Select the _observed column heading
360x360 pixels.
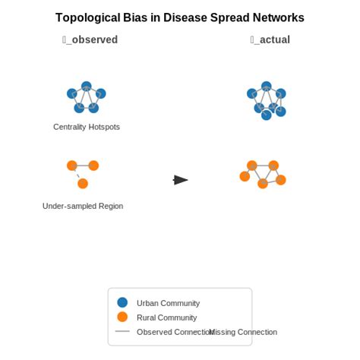pyautogui.click(x=90, y=39)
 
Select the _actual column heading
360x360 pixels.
pyautogui.click(x=270, y=39)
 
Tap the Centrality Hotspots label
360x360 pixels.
pyautogui.click(x=87, y=127)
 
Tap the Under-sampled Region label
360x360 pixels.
pyautogui.click(x=83, y=206)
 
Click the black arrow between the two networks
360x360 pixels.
pyautogui.click(x=181, y=180)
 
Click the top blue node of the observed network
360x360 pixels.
pyautogui.click(x=87, y=87)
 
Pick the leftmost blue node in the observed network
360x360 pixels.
pyautogui.click(x=72, y=93)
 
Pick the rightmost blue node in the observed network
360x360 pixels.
pyautogui.click(x=101, y=93)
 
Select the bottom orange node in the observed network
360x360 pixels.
pyautogui.click(x=83, y=183)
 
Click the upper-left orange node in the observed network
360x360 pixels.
pyautogui.click(x=71, y=166)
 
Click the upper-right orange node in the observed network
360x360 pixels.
pyautogui.click(x=93, y=166)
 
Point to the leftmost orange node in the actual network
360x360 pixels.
pyautogui.click(x=245, y=176)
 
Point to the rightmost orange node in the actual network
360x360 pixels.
pyautogui.click(x=281, y=180)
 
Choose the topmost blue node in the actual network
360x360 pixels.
pyautogui.click(x=266, y=87)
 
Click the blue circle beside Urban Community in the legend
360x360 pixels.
pyautogui.click(x=122, y=302)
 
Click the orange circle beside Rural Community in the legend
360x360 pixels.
pyautogui.click(x=122, y=317)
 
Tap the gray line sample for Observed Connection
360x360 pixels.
pyautogui.click(x=122, y=332)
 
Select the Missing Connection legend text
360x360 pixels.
pyautogui.click(x=243, y=332)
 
